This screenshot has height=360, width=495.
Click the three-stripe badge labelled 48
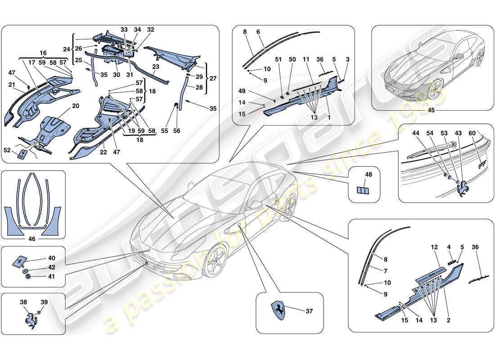click(363, 190)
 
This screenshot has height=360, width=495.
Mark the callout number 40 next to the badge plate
click(51, 258)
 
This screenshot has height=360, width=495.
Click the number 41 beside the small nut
click(51, 277)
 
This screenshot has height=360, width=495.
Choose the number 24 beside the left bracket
click(66, 49)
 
